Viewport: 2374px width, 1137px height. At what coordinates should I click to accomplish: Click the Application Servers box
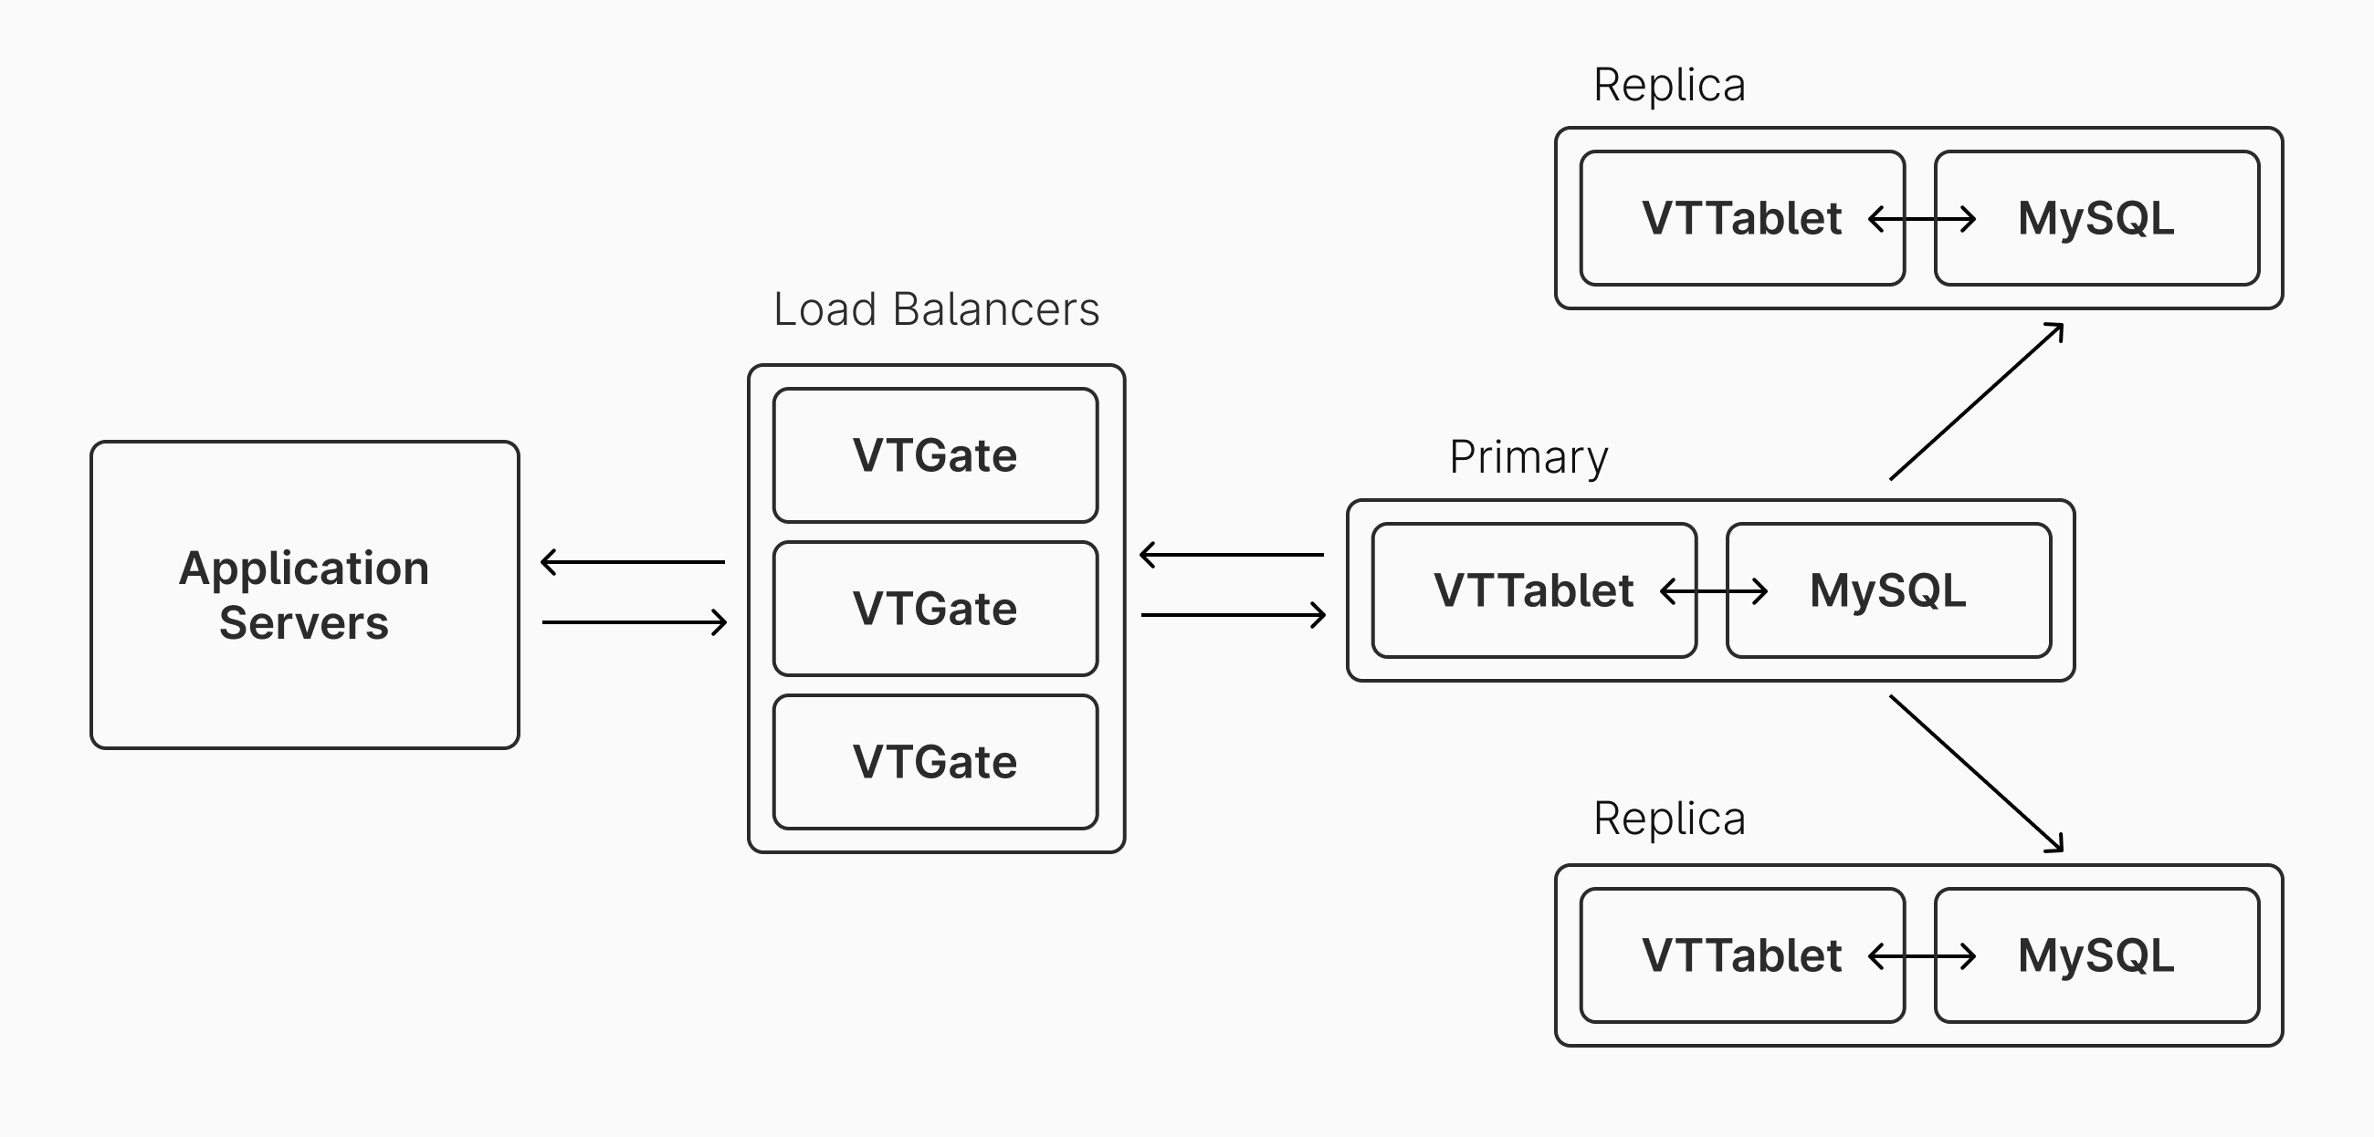click(304, 595)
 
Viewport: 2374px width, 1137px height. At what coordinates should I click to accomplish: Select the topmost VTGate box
click(934, 455)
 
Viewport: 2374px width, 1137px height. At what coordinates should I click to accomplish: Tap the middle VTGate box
click(934, 608)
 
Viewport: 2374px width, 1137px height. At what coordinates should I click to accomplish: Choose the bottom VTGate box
click(934, 762)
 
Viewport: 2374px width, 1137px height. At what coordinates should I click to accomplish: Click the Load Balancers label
click(935, 309)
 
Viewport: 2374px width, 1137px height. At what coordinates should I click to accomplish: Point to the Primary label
click(1528, 457)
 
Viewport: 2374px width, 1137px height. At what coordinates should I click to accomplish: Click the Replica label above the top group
click(1669, 86)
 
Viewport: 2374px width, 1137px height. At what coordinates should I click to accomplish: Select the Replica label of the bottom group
click(1669, 819)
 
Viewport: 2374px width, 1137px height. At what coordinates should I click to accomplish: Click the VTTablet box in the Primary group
click(1534, 590)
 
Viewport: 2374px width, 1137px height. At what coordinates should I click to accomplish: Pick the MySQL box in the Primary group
click(1888, 590)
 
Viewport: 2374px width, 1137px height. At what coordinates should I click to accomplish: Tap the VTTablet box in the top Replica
click(1742, 218)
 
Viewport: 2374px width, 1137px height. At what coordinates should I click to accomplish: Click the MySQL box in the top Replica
click(2096, 218)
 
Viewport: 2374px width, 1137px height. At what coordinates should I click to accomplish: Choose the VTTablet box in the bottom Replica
click(1742, 955)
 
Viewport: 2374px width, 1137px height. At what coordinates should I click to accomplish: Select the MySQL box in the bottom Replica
click(2096, 955)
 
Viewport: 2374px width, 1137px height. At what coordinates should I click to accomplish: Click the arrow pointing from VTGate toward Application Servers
click(633, 561)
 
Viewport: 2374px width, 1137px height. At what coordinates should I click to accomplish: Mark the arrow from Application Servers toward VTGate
click(634, 622)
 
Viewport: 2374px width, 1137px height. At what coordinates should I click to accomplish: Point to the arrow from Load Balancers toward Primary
click(1233, 614)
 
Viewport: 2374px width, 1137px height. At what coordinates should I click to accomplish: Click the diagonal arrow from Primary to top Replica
click(1976, 402)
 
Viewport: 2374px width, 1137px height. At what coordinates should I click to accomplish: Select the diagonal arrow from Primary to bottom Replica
click(1976, 773)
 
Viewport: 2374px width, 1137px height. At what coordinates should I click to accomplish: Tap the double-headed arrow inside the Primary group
click(1713, 590)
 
